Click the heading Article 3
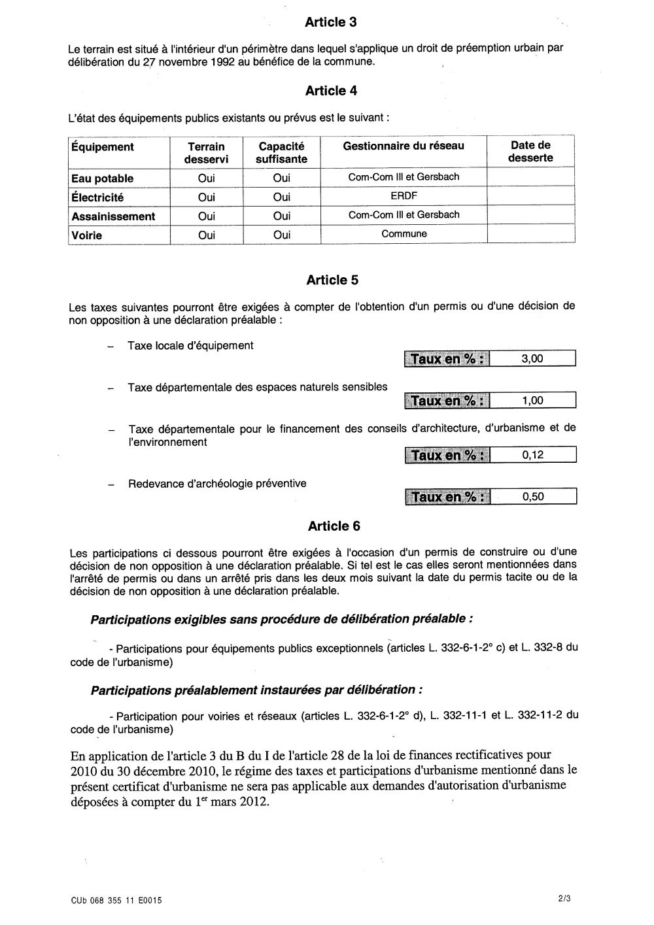(331, 22)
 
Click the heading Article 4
(331, 91)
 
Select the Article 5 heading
(332, 280)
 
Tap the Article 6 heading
(333, 526)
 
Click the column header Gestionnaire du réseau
(404, 146)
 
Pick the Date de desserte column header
(530, 152)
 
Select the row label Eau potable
(103, 178)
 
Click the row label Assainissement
(113, 216)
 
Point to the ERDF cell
(404, 195)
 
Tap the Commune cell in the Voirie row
(404, 233)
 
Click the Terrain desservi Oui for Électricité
(206, 197)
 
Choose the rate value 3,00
(532, 358)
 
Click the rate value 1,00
(532, 401)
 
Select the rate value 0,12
(533, 455)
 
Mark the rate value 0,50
(533, 497)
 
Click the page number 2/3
(564, 899)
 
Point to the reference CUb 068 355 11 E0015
(116, 900)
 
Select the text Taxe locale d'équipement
(190, 345)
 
